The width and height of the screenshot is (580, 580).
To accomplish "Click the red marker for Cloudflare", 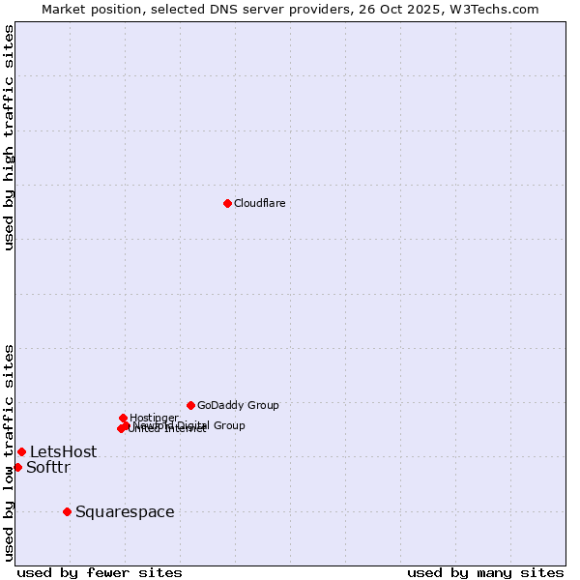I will tap(227, 203).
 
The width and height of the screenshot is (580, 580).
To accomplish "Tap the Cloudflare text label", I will tap(259, 203).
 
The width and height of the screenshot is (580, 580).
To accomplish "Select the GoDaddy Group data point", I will tap(190, 405).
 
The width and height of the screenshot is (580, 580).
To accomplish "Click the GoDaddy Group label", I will tap(238, 405).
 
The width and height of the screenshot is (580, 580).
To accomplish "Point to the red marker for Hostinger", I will tap(123, 418).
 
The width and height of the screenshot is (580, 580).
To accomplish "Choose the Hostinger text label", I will tap(154, 418).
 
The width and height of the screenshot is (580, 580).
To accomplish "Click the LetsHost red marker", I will tap(21, 451).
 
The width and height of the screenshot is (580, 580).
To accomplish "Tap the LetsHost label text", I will tap(63, 451).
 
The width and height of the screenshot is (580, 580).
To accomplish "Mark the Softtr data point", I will tap(17, 467).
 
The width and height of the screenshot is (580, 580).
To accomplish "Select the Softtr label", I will tap(48, 468).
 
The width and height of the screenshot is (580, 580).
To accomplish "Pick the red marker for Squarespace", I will tap(67, 511).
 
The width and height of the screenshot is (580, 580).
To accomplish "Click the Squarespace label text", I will tap(125, 511).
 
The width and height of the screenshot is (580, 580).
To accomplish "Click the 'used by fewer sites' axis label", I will tap(100, 572).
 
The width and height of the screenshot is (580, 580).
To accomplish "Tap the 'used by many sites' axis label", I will tap(485, 572).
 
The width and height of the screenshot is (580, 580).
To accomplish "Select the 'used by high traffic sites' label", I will tap(10, 137).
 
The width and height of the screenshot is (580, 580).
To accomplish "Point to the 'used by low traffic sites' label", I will tap(10, 451).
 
